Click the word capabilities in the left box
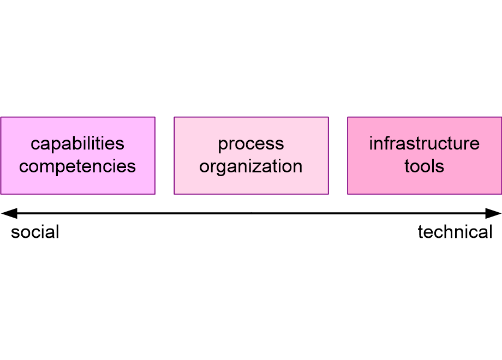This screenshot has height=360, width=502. (x=77, y=144)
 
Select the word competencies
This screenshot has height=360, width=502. (x=77, y=166)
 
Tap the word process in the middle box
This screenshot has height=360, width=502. (x=251, y=144)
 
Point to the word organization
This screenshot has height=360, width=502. (x=251, y=166)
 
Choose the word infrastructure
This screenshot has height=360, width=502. (x=424, y=144)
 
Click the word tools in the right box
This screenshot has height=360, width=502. (x=424, y=166)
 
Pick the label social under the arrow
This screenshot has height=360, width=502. (x=35, y=232)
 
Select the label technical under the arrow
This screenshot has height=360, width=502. (x=455, y=232)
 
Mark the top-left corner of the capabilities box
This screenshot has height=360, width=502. (x=1, y=117)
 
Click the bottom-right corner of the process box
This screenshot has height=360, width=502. (x=328, y=194)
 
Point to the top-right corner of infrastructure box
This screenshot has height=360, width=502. (x=501, y=117)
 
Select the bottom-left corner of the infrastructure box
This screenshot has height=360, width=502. (x=348, y=194)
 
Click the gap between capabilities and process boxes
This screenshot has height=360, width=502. (x=164, y=155)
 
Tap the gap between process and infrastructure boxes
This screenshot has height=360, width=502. (x=338, y=155)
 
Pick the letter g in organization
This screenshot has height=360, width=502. (x=220, y=167)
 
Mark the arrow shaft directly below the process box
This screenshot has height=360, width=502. (x=251, y=213)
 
